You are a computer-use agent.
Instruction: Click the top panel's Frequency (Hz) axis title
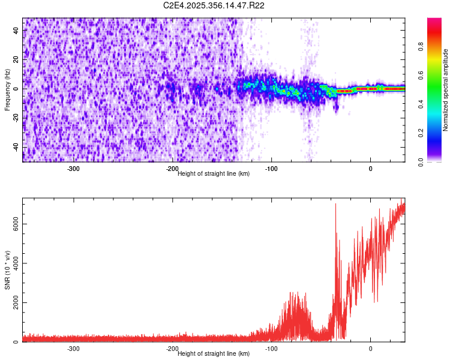pyautogui.click(x=7, y=90)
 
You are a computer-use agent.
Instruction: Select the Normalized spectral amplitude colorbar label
pyautogui.click(x=446, y=90)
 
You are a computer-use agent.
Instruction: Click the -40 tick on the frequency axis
pyautogui.click(x=16, y=147)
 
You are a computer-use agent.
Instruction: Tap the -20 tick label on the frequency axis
pyautogui.click(x=16, y=118)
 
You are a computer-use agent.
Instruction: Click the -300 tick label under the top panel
pyautogui.click(x=73, y=169)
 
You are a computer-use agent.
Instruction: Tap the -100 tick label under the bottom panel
pyautogui.click(x=271, y=349)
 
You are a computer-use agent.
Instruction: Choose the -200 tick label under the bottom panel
pyautogui.click(x=172, y=349)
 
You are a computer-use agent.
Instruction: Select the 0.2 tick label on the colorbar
pyautogui.click(x=422, y=133)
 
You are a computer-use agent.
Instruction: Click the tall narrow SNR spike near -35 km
pyautogui.click(x=335, y=207)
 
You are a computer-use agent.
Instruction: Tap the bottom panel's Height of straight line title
pyautogui.click(x=214, y=354)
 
